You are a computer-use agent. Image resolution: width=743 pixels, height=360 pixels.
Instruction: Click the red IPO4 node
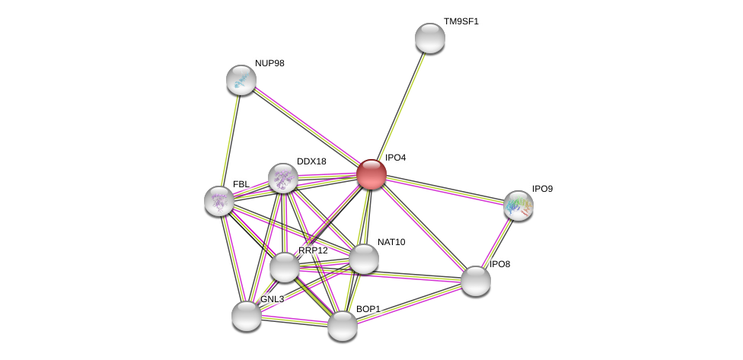(371, 174)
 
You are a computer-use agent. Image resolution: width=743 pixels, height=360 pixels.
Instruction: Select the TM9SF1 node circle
(430, 38)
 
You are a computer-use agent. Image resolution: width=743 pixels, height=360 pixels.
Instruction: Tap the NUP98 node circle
(241, 80)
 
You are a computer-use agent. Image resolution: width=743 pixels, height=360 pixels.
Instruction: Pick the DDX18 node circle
(283, 178)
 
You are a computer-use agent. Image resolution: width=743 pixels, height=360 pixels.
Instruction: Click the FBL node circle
(219, 201)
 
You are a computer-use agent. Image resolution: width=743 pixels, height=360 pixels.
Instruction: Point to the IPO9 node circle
(518, 205)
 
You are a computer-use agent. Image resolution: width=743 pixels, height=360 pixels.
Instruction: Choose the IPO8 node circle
(476, 281)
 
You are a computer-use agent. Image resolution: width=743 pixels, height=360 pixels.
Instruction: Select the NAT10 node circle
(364, 259)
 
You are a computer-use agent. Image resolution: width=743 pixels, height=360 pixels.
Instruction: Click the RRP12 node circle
(285, 267)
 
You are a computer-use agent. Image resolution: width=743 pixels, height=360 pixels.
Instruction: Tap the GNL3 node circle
(247, 316)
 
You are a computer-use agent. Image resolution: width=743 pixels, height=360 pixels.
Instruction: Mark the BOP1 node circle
(343, 326)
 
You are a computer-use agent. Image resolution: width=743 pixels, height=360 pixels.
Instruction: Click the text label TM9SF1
(461, 21)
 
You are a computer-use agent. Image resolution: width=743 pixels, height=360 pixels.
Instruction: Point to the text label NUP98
(269, 63)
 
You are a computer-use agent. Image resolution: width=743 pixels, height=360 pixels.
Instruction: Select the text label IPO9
(542, 189)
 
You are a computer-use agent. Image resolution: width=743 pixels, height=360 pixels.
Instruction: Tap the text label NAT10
(391, 242)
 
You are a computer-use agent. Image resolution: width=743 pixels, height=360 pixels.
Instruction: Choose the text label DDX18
(311, 161)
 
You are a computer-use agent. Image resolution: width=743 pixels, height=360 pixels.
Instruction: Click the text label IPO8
(499, 264)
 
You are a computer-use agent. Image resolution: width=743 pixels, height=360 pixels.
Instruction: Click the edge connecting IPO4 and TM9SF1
(401, 106)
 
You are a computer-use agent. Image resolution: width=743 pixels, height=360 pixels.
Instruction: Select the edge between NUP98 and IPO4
(306, 127)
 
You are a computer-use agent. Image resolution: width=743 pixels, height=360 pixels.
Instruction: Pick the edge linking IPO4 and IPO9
(445, 190)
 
